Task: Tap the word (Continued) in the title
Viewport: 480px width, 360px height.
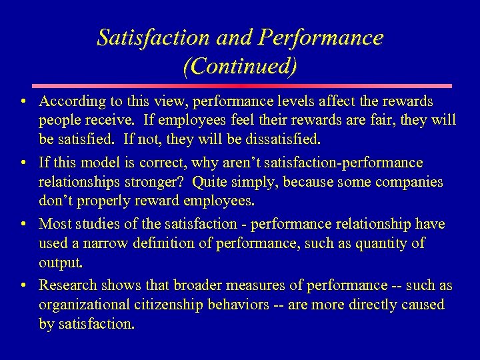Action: [x=239, y=67]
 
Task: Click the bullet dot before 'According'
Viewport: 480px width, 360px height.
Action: [x=23, y=102]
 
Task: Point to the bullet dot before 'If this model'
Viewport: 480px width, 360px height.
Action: [x=23, y=163]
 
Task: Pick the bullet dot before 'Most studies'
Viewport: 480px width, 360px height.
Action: [x=23, y=225]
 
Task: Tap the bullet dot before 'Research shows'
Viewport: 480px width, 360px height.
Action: [x=23, y=286]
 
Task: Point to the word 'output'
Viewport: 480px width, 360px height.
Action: [x=60, y=263]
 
